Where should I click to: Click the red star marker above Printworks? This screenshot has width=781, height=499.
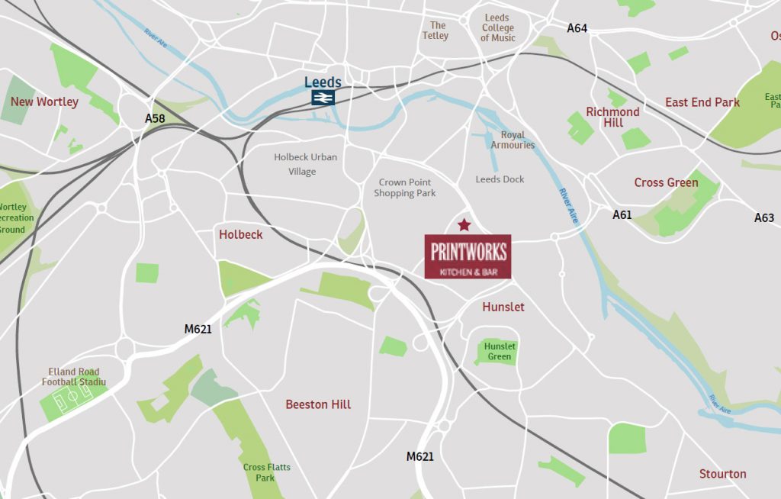(464, 224)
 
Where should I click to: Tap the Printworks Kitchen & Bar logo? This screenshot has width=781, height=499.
(468, 256)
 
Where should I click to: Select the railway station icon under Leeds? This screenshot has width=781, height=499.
(323, 97)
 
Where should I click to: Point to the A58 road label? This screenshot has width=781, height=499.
(155, 119)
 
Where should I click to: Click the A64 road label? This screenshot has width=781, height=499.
(577, 28)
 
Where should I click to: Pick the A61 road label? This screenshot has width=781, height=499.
(622, 215)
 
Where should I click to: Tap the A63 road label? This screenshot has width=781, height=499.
(764, 218)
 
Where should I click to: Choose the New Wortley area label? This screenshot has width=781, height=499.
(44, 101)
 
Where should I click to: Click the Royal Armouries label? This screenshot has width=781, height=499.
(513, 140)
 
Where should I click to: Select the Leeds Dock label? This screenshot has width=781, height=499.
(500, 179)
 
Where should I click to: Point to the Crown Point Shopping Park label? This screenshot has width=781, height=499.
(405, 188)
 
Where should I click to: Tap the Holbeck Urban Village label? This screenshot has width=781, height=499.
(305, 164)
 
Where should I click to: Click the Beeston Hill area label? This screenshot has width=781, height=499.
(318, 404)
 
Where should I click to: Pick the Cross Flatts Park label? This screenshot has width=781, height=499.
(266, 472)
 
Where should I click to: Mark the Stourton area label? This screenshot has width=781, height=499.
(722, 474)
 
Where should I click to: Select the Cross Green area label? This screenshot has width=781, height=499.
(666, 182)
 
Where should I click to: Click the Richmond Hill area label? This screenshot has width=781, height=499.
(612, 117)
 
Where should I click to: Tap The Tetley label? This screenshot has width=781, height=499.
(435, 31)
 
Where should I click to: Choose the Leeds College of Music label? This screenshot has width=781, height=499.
(498, 28)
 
